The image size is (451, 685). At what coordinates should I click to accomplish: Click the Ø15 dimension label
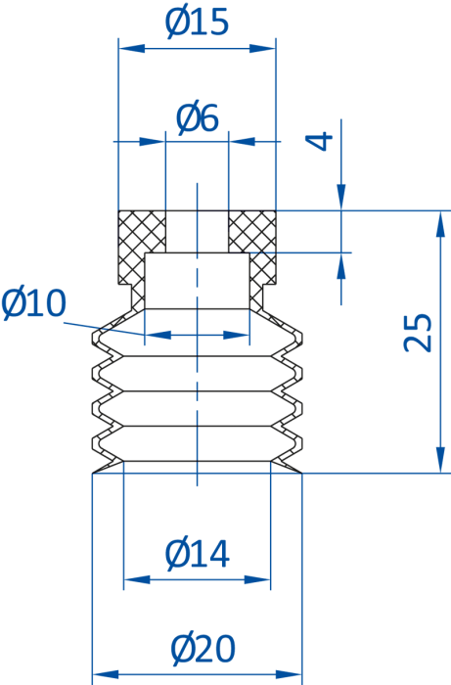tap(197, 23)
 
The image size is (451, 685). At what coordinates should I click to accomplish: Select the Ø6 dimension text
tap(198, 118)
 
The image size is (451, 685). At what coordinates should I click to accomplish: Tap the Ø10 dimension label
tap(33, 303)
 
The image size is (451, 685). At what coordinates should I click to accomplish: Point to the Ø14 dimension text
tap(198, 554)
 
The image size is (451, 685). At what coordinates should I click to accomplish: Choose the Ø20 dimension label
tap(203, 649)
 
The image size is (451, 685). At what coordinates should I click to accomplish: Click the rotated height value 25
tap(418, 332)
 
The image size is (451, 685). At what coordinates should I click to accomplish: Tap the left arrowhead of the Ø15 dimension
tap(131, 48)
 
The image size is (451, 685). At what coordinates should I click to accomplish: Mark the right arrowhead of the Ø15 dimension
tap(263, 48)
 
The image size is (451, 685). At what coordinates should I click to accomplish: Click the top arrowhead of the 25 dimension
tap(441, 224)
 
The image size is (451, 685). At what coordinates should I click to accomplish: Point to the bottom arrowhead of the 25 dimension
tap(441, 460)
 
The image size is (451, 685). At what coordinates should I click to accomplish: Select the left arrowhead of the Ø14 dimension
tap(137, 579)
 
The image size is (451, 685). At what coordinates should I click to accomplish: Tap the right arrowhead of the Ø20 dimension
tap(289, 675)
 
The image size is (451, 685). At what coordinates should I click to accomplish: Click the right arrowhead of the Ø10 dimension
tap(236, 335)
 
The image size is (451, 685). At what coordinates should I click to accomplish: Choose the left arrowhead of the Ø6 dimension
tap(153, 142)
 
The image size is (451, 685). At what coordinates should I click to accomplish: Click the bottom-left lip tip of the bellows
tap(93, 473)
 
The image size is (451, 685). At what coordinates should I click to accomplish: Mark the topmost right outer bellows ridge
tap(301, 337)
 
